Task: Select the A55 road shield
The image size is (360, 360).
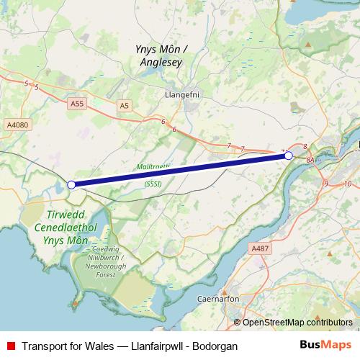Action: (77, 104)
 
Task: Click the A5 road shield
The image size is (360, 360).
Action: (125, 105)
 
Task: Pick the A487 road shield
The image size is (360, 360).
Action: (260, 248)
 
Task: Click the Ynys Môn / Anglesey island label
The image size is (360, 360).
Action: (160, 55)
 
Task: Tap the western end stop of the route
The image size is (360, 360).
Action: (71, 185)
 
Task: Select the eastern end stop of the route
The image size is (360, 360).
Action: (288, 156)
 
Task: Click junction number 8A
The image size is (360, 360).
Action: (310, 159)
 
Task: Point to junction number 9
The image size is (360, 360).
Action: (326, 184)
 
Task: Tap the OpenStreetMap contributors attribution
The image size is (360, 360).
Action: (297, 322)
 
